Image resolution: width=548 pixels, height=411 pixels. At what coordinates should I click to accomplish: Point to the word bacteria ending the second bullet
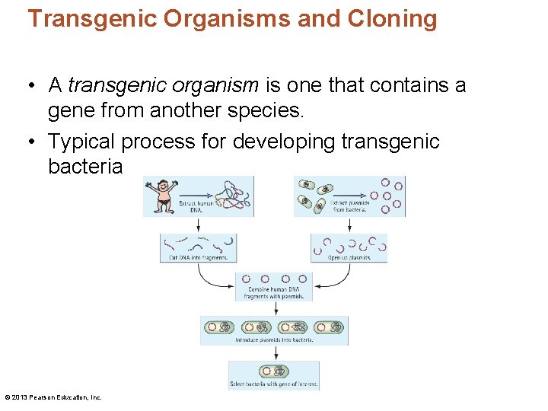pos(84,166)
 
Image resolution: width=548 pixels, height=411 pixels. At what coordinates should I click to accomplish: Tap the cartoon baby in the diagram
pos(161,196)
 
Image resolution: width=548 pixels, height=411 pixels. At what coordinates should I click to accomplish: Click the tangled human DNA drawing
pos(232,196)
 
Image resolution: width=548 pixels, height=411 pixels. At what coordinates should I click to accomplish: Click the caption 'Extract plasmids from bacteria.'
pos(349,205)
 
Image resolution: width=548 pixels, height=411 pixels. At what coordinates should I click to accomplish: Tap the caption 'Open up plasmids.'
pos(349,257)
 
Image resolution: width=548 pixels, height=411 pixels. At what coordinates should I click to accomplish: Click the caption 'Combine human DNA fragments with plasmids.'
pos(274,293)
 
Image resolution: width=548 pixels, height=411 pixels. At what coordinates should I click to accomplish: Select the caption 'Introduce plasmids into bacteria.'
pos(274,339)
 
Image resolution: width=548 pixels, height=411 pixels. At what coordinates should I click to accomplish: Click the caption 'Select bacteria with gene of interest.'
pos(274,384)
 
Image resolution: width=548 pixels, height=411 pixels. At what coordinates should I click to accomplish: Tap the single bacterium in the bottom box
pos(273,371)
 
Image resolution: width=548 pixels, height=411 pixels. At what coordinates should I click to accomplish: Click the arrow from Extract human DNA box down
pos(199,225)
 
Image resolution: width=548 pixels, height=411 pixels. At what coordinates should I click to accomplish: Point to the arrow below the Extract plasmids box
pos(349,225)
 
